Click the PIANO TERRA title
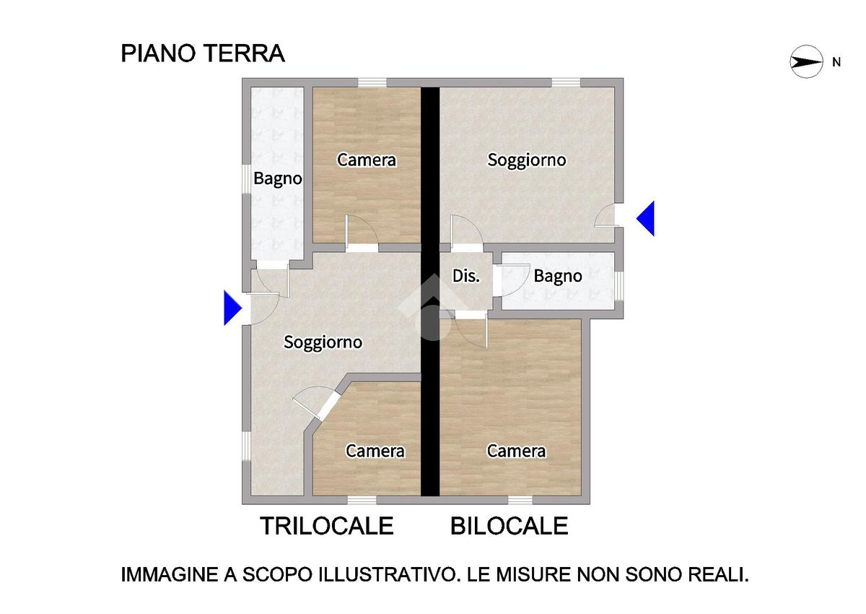click(x=203, y=53)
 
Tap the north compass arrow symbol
click(x=806, y=62)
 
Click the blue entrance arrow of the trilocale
click(x=232, y=308)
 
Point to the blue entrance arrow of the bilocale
click(x=645, y=218)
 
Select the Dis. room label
click(x=466, y=276)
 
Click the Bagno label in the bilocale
click(x=557, y=276)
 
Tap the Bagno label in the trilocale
click(x=278, y=178)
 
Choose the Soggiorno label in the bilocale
click(x=527, y=160)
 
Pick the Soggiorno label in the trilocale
click(x=323, y=342)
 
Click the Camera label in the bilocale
click(x=516, y=451)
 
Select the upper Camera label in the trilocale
click(x=367, y=160)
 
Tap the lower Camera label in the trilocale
click(x=375, y=451)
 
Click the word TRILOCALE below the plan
click(x=327, y=526)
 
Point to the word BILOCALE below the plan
click(x=509, y=526)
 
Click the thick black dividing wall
click(x=430, y=291)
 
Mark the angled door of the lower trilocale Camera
click(x=316, y=403)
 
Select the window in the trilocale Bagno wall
click(x=246, y=179)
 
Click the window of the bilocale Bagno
click(x=619, y=286)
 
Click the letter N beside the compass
click(x=836, y=62)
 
